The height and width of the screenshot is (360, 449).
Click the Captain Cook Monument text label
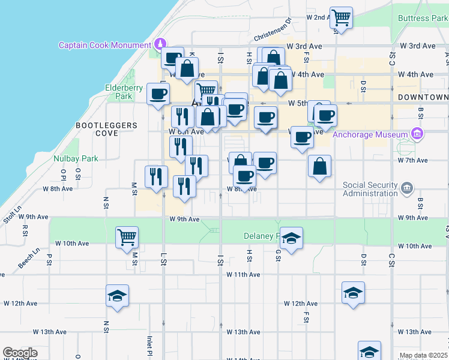[x=104, y=45]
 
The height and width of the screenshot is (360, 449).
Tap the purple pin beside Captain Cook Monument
[x=160, y=44]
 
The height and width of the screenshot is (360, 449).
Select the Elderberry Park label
[x=118, y=91]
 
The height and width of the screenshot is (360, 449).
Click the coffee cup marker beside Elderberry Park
[x=158, y=94]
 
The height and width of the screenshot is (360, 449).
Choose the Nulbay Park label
[x=75, y=159]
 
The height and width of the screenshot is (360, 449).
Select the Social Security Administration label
[x=370, y=189]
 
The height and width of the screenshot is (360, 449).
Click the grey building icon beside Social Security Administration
[x=407, y=188]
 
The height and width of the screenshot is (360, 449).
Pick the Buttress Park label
[x=423, y=18]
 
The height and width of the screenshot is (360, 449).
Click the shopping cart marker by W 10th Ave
[x=127, y=237]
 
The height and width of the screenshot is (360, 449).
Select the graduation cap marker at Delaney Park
[x=291, y=238]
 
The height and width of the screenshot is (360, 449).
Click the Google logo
[x=20, y=353]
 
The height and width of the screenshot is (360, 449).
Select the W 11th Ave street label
[x=243, y=274]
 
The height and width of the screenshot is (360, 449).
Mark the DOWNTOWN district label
[x=423, y=97]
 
